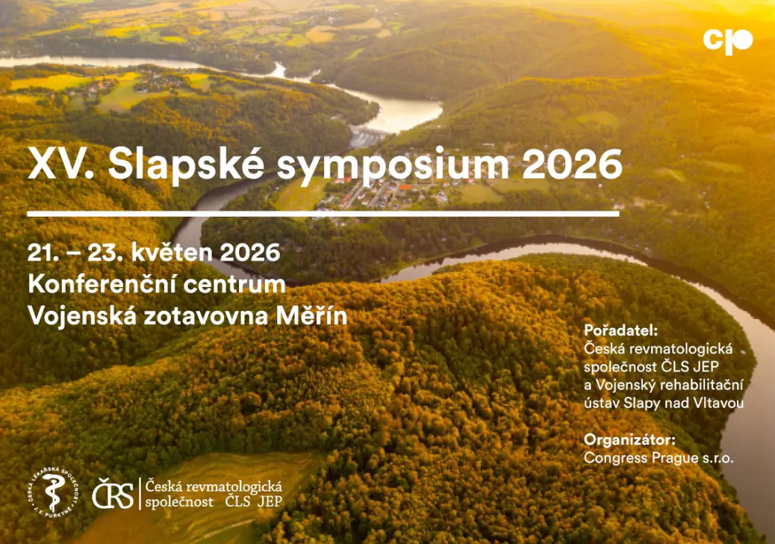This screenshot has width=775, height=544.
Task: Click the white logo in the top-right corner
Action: coord(727,42)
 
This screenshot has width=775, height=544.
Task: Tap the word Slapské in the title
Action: coord(186,163)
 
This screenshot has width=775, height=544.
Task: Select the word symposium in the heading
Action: coord(393,166)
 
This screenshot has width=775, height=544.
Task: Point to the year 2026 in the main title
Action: coord(572,164)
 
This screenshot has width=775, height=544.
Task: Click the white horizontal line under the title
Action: coord(323,214)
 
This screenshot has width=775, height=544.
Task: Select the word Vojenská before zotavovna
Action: coord(82,316)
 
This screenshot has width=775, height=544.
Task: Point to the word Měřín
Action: coord(312,315)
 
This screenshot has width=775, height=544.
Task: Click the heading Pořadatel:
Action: coord(620,330)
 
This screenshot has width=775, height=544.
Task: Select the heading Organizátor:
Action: coord(629,439)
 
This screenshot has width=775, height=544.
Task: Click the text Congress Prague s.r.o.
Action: coord(659,458)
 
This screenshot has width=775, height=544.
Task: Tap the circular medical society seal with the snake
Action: coord(53,492)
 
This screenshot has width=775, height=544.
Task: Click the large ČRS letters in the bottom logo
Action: coord(113,493)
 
